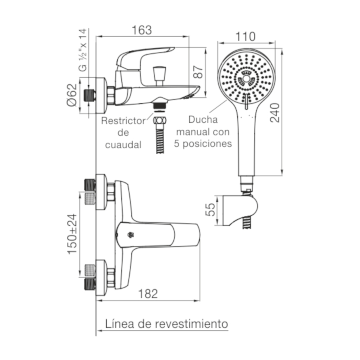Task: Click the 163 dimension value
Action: point(142,30)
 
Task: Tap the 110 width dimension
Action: point(245,37)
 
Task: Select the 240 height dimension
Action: point(275,113)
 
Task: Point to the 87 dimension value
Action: point(198,72)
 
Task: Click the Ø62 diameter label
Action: point(72,95)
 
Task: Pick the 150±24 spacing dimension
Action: point(72,234)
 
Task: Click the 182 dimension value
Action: point(148,294)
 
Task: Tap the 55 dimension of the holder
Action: point(210,210)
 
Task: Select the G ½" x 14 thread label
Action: point(83,50)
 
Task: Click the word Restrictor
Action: point(123,121)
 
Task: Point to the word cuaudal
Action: point(123,144)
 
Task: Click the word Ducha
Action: point(203,120)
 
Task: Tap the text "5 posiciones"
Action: point(203,144)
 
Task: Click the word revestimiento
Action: point(192,324)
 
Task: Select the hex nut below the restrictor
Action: point(160,120)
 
